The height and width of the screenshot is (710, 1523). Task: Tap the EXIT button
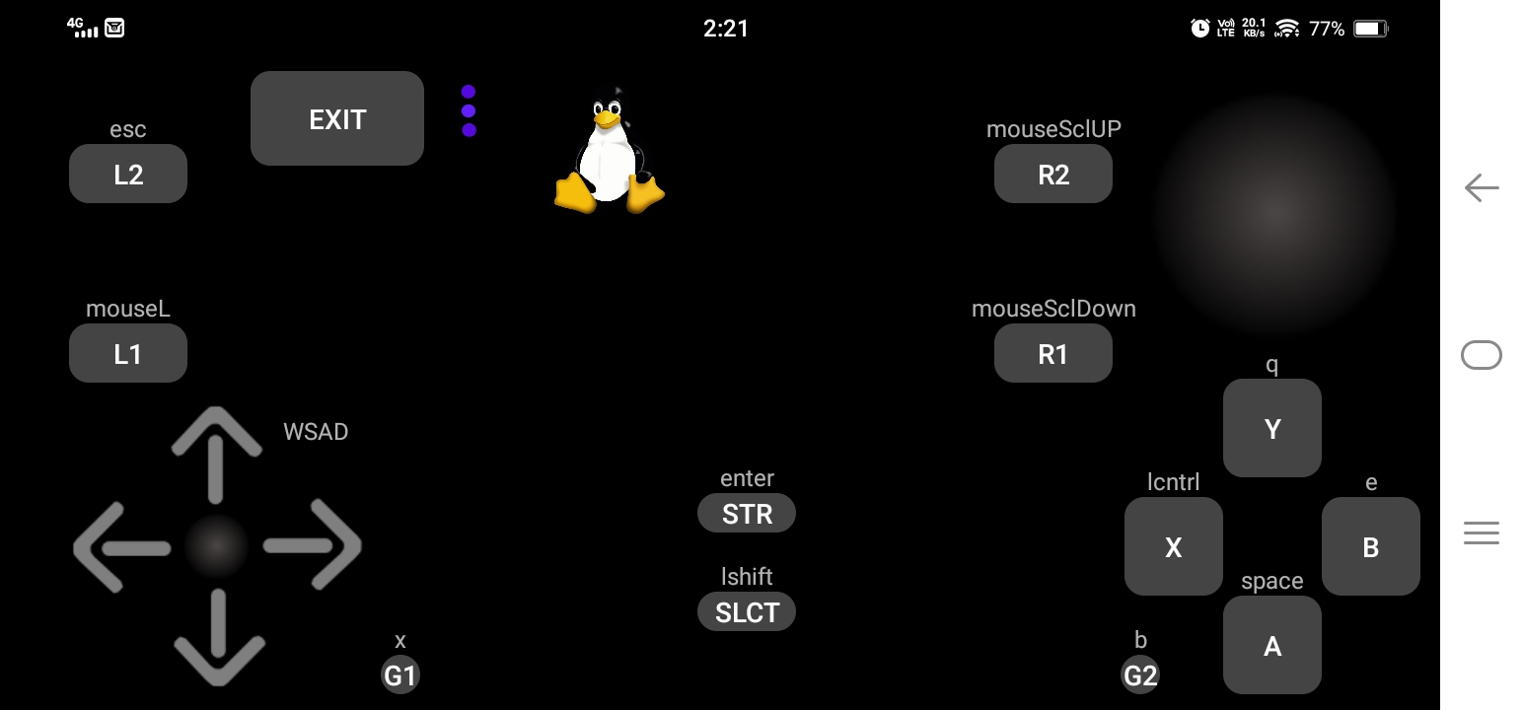[337, 118]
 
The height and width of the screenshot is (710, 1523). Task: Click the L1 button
[128, 353]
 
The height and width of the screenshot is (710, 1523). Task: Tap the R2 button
[1053, 175]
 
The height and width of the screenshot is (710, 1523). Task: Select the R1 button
[1053, 353]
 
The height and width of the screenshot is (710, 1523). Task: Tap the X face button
[1174, 546]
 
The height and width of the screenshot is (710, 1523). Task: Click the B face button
[1371, 546]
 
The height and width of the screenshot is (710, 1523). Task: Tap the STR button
[747, 513]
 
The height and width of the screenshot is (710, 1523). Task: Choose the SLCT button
[747, 611]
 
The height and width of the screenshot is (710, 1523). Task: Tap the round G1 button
[400, 675]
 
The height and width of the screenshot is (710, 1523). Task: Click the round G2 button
[1140, 675]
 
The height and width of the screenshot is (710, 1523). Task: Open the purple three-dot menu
[469, 110]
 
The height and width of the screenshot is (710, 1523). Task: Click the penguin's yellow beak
[607, 120]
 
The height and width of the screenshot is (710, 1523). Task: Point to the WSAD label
[316, 432]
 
